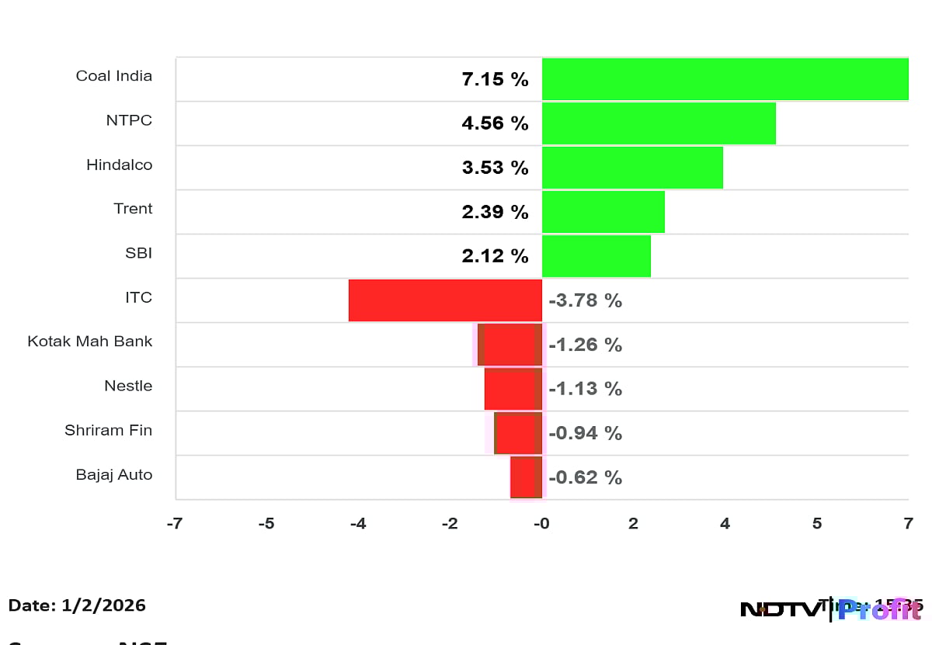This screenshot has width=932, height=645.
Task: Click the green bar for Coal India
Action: point(725,79)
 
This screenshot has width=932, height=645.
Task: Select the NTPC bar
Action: point(659,123)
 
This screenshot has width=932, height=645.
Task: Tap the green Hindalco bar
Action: point(632,168)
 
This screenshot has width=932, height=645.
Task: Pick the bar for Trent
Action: point(603,212)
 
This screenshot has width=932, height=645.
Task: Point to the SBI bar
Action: point(596,256)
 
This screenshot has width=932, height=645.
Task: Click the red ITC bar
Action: point(445,300)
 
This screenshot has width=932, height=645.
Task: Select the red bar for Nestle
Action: point(513,389)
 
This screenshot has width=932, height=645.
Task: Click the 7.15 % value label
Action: point(495,79)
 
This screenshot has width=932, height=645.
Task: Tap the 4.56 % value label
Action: point(495,123)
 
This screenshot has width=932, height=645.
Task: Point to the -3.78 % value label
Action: point(585,300)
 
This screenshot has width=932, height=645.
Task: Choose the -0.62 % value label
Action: point(585,477)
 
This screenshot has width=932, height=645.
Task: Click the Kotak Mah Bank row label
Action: point(90,342)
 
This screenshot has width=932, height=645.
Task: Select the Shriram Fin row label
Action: point(108,430)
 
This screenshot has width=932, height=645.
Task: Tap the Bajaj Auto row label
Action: point(114,474)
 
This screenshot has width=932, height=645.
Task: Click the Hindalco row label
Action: point(119,165)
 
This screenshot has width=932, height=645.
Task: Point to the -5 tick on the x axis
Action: point(266,524)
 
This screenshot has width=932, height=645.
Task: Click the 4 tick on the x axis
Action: point(725,524)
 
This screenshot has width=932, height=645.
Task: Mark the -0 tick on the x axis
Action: point(541,524)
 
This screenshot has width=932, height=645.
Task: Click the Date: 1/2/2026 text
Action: point(77,605)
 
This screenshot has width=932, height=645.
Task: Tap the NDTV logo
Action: point(780,609)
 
